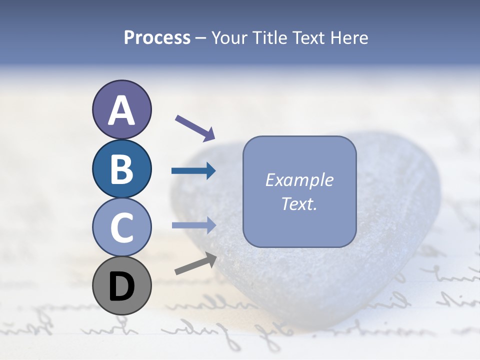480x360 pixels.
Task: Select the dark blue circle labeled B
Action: (x=121, y=169)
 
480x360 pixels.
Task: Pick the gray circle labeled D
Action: (x=121, y=286)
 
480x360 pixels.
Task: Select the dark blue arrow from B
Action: (x=193, y=171)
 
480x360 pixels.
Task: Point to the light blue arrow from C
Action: (x=193, y=225)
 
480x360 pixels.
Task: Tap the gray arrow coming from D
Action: (x=195, y=263)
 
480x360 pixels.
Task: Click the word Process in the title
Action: (x=157, y=38)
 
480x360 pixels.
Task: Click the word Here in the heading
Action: (x=349, y=38)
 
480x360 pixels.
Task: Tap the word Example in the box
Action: (x=299, y=180)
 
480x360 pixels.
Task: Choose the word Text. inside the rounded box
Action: (x=299, y=204)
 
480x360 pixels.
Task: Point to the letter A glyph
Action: (x=121, y=110)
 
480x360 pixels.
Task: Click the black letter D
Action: (x=121, y=287)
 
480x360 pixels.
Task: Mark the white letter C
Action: (x=121, y=227)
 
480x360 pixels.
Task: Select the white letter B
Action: (x=121, y=169)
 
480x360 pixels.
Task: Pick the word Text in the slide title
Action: (x=307, y=38)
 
